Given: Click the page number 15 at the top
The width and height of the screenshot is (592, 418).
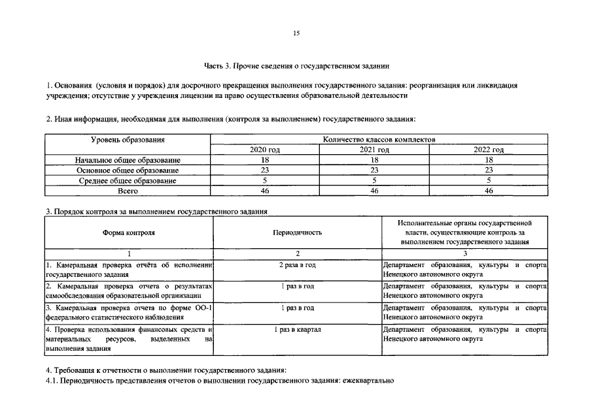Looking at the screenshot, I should click(296, 34).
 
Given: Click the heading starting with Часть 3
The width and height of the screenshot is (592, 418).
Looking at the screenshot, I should click(296, 65).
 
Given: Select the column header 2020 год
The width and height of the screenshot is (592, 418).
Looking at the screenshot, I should click(265, 150).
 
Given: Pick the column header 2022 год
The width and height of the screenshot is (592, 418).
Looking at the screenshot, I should click(488, 150).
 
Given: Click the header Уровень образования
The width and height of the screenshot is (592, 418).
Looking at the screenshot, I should click(128, 139).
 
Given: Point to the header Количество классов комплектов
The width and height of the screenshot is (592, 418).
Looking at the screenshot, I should click(379, 139).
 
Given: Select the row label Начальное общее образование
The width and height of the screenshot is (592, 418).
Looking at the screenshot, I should click(128, 160).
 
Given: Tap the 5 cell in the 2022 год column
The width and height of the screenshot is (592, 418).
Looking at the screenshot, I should click(488, 180).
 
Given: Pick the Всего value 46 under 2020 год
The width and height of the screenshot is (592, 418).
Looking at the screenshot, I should click(265, 190).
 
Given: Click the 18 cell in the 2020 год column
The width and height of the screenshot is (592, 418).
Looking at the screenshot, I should click(265, 160).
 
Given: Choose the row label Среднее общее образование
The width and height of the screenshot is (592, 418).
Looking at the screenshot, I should click(128, 180).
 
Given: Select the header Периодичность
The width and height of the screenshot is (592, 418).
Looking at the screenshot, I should click(298, 232).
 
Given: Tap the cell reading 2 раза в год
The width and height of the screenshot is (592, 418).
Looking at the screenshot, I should click(298, 265).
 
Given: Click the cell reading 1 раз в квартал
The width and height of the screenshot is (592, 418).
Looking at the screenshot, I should click(298, 330).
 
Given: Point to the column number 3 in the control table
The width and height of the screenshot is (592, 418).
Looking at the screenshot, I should click(465, 253).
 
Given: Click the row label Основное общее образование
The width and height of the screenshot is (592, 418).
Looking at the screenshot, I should click(128, 170).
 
